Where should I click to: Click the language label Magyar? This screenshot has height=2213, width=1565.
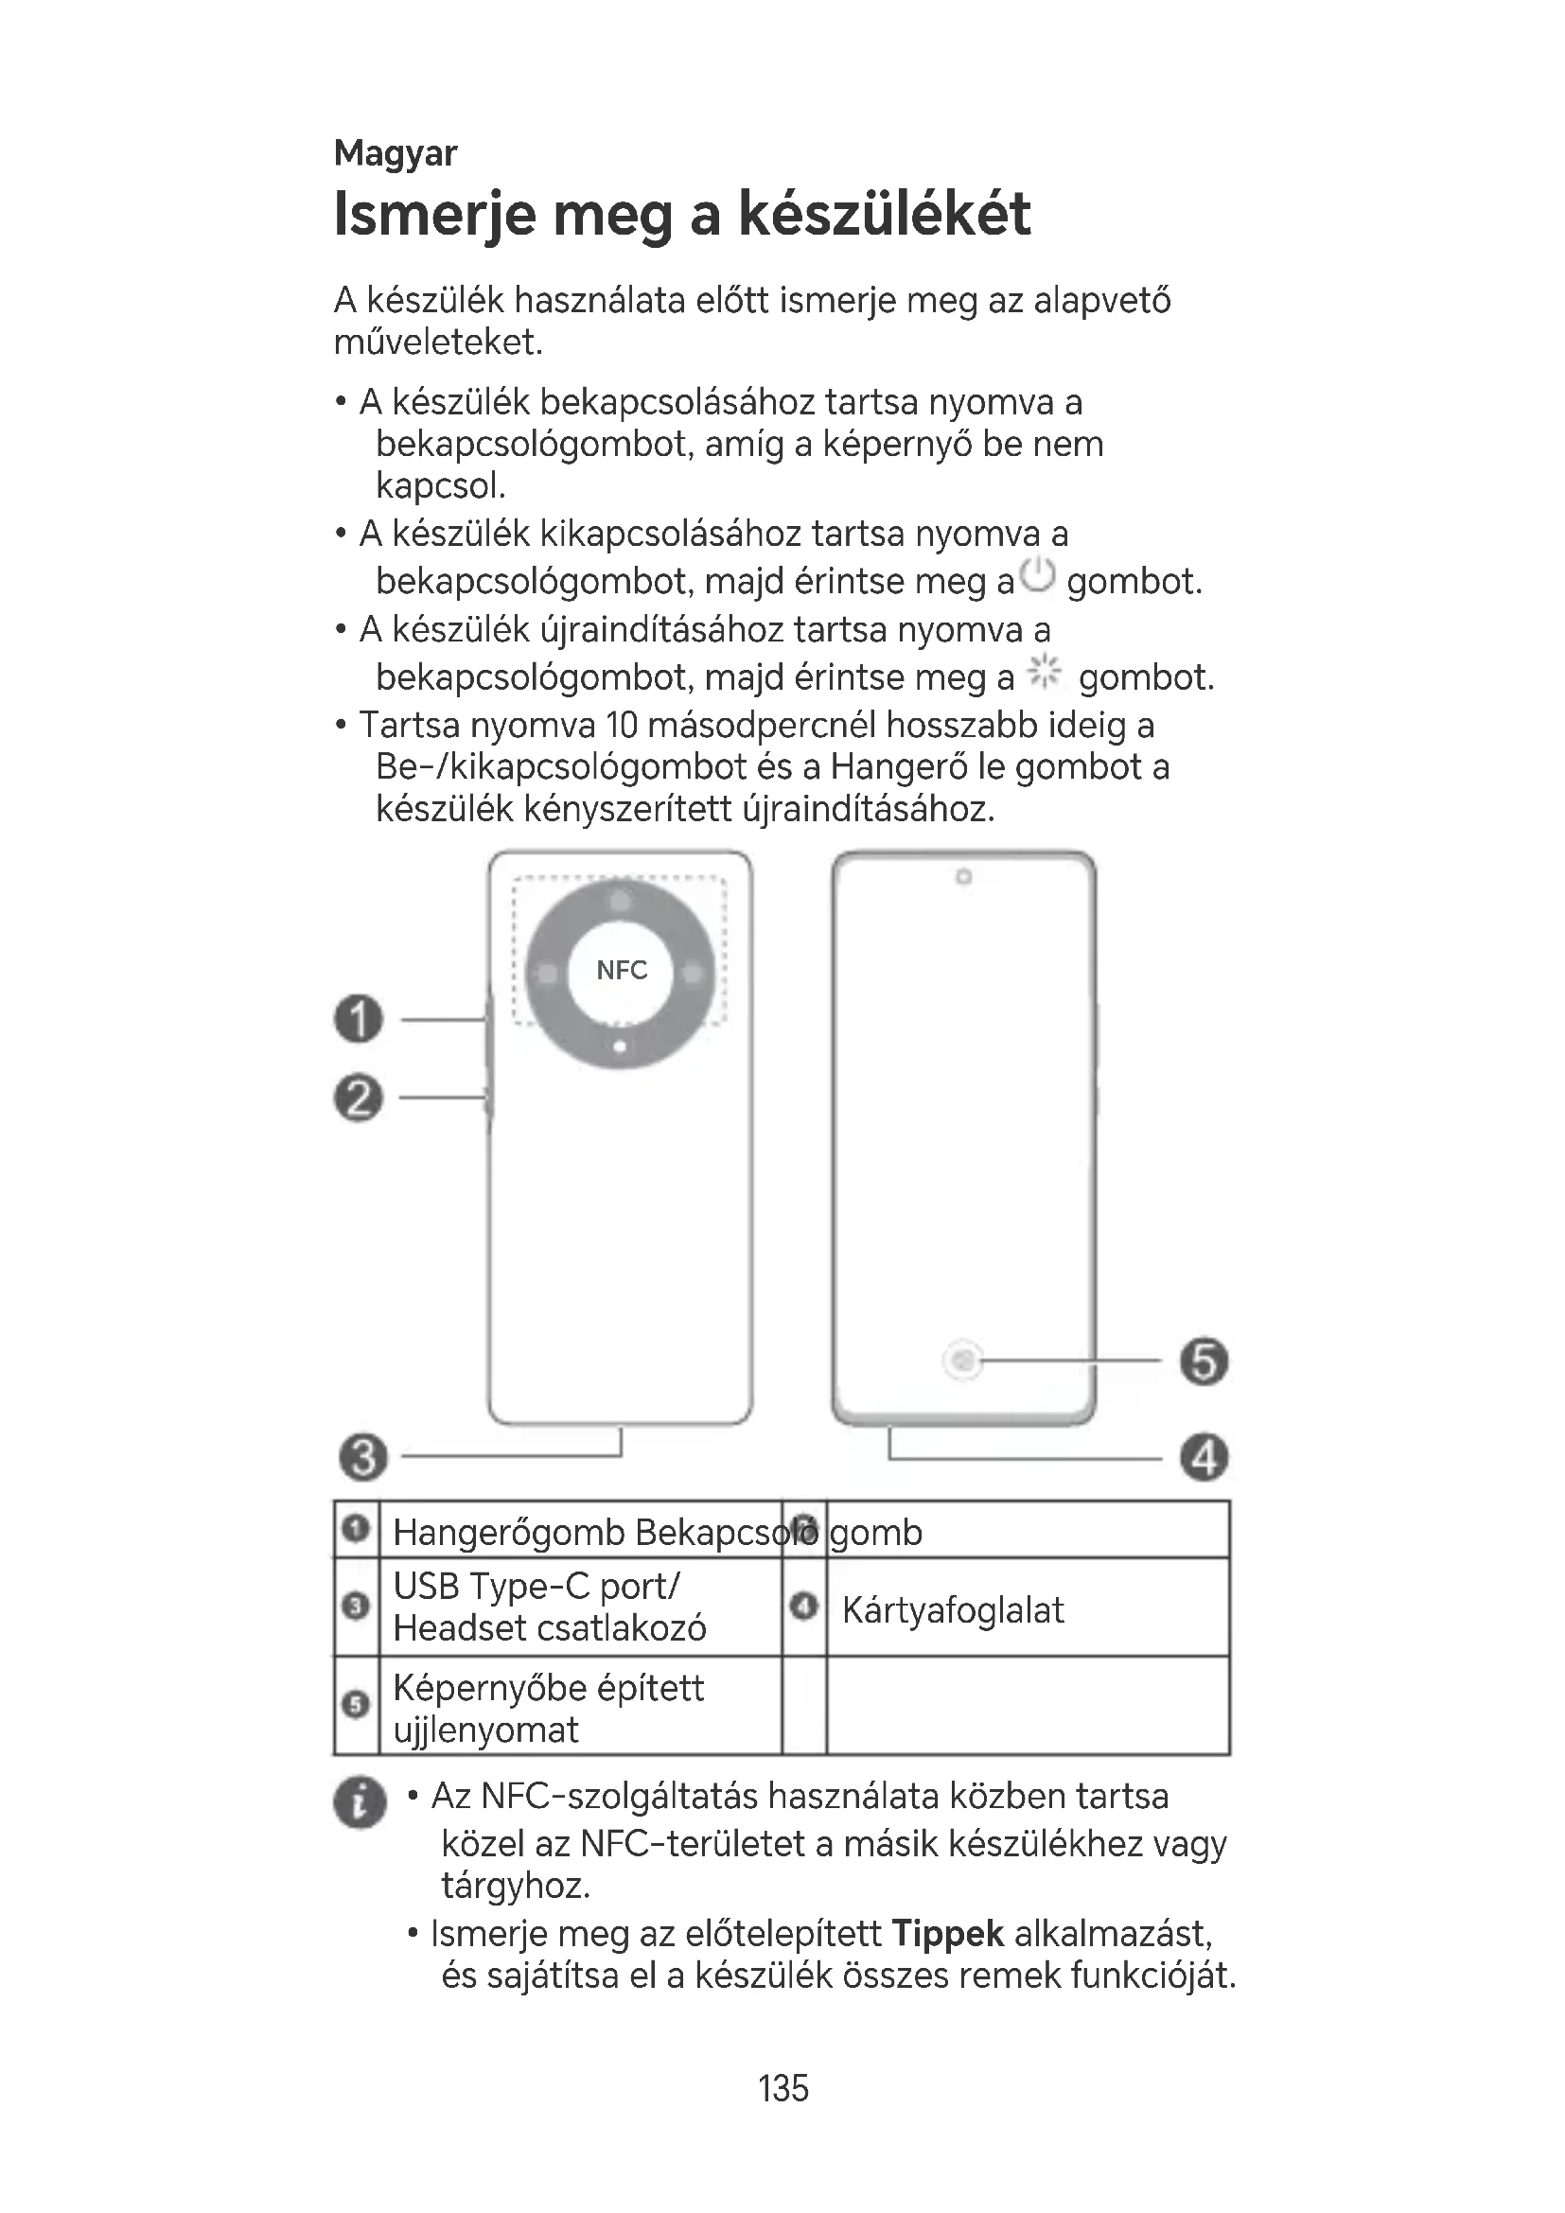396,153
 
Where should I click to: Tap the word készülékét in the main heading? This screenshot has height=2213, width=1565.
884,214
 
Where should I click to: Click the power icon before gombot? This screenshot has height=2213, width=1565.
1038,576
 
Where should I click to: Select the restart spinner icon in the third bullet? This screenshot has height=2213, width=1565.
1044,672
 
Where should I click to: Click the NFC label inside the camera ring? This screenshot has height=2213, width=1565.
622,971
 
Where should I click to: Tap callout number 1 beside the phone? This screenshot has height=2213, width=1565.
359,1019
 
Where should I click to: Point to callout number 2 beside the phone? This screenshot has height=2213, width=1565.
359,1098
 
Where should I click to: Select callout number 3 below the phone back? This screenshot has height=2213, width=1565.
363,1456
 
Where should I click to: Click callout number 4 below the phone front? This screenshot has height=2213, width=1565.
1205,1456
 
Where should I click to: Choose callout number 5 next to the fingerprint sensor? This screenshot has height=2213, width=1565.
1205,1361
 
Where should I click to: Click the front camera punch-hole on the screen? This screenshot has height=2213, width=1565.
962,877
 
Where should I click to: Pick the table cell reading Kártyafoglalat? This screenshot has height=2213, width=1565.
952,1610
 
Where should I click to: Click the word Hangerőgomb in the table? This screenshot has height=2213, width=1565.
509,1533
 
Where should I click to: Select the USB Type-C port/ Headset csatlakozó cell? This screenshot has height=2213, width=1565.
550,1607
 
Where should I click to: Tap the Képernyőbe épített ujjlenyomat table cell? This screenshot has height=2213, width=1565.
549,1708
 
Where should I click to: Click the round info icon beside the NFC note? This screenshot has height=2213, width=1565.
360,1801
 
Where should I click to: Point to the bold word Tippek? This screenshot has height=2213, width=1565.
947,1935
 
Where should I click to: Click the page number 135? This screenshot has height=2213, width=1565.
782,2088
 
